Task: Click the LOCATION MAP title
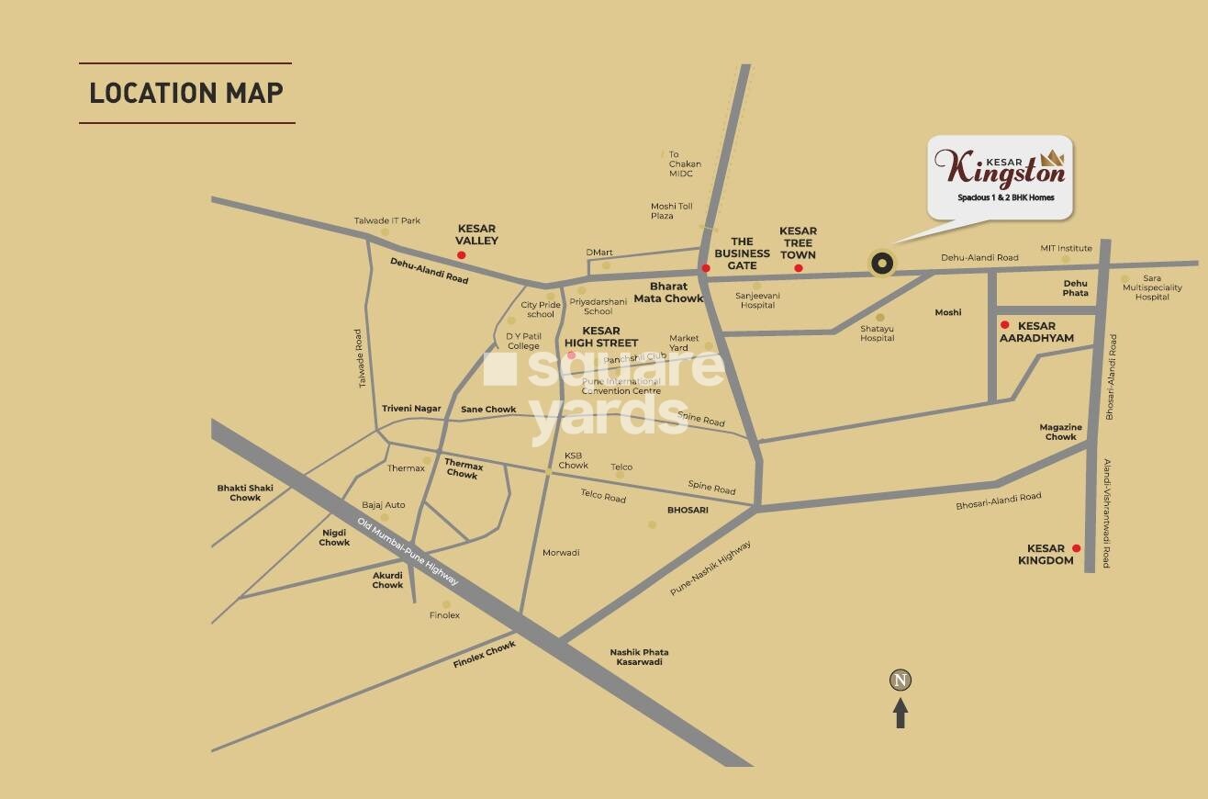[x=186, y=93]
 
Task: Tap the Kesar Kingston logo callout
[x=1000, y=176]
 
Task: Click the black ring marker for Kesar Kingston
[x=881, y=264]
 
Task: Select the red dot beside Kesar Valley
[x=461, y=255]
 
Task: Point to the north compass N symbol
[x=900, y=681]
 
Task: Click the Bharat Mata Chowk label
[x=677, y=292]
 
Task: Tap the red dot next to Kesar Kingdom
[x=1077, y=548]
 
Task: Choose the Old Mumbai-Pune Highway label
[x=408, y=551]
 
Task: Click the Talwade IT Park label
[x=387, y=220]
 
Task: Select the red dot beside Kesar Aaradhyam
[x=1005, y=325]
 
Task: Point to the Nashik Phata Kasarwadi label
[x=639, y=657]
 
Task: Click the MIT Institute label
[x=1066, y=248]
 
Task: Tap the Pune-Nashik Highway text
[x=710, y=568]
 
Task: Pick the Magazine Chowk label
[x=1060, y=432]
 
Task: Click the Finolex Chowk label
[x=485, y=655]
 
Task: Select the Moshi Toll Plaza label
[x=672, y=211]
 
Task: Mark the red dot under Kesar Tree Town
[x=799, y=268]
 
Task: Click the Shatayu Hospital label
[x=877, y=333]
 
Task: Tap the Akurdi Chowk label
[x=387, y=580]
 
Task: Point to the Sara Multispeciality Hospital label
[x=1152, y=287]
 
